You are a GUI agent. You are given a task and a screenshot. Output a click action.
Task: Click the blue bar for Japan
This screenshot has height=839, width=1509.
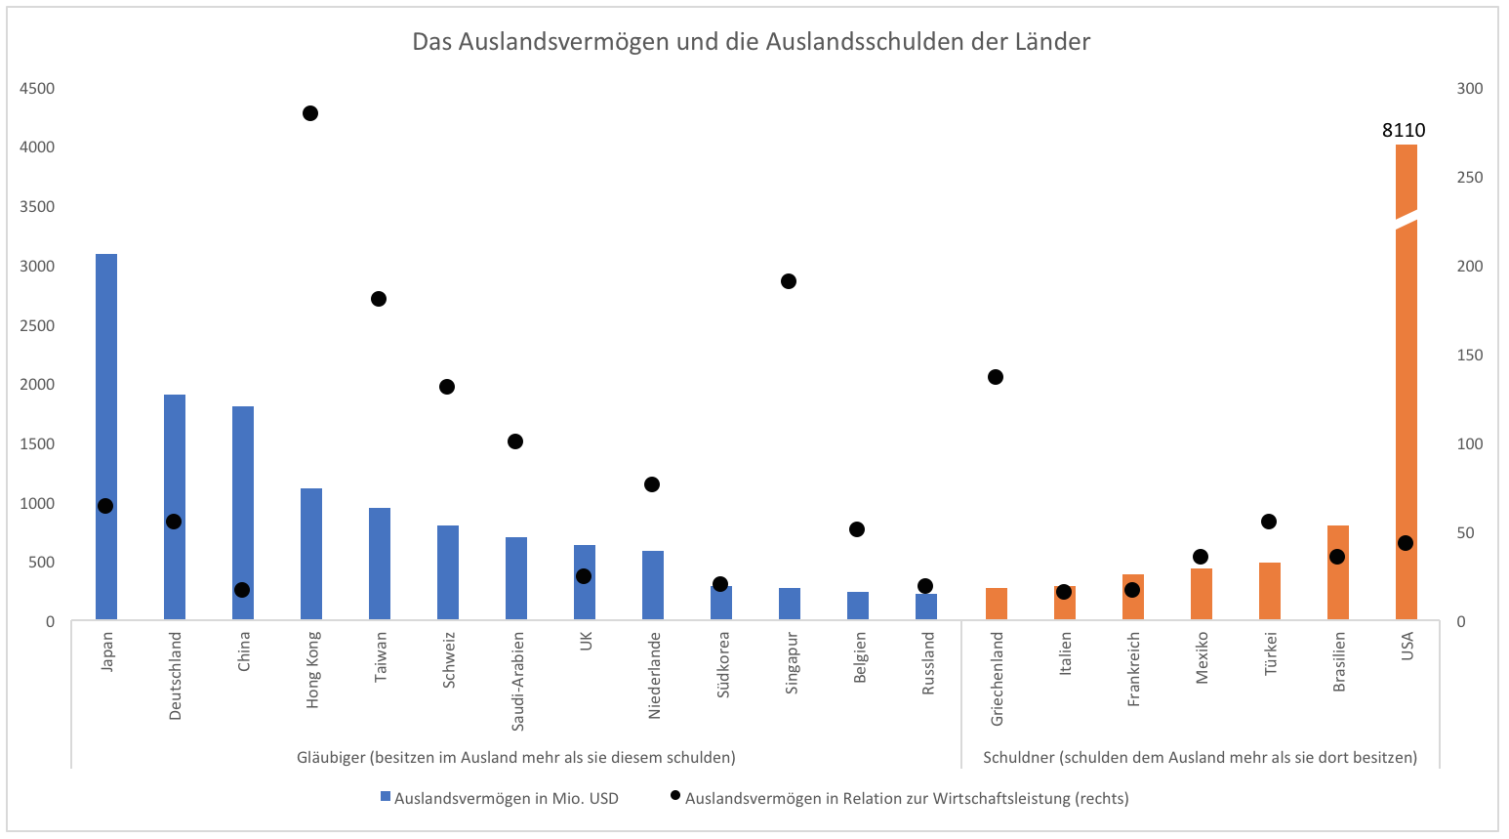tap(106, 391)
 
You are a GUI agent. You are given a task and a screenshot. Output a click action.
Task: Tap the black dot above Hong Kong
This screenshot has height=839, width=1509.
tap(310, 113)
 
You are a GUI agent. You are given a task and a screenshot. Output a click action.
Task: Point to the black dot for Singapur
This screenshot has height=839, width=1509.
tap(789, 281)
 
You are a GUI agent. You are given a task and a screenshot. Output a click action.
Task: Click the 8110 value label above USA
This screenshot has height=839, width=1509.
tap(1404, 130)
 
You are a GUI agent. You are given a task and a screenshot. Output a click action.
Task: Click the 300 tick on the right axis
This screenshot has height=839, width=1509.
tap(1469, 89)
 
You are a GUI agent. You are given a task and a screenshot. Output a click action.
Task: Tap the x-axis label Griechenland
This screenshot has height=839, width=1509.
tap(997, 678)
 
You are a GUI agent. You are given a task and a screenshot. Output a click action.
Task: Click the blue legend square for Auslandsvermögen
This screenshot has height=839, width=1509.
tap(386, 797)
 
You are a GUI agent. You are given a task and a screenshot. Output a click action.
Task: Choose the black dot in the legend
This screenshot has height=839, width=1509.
tap(674, 796)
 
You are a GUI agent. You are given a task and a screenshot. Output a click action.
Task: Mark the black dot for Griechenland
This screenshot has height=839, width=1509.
tap(996, 377)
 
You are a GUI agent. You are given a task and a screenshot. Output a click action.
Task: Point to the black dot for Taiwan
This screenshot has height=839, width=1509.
tap(379, 299)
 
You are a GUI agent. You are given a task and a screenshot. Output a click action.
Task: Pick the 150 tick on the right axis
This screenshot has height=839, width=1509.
tap(1469, 356)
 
